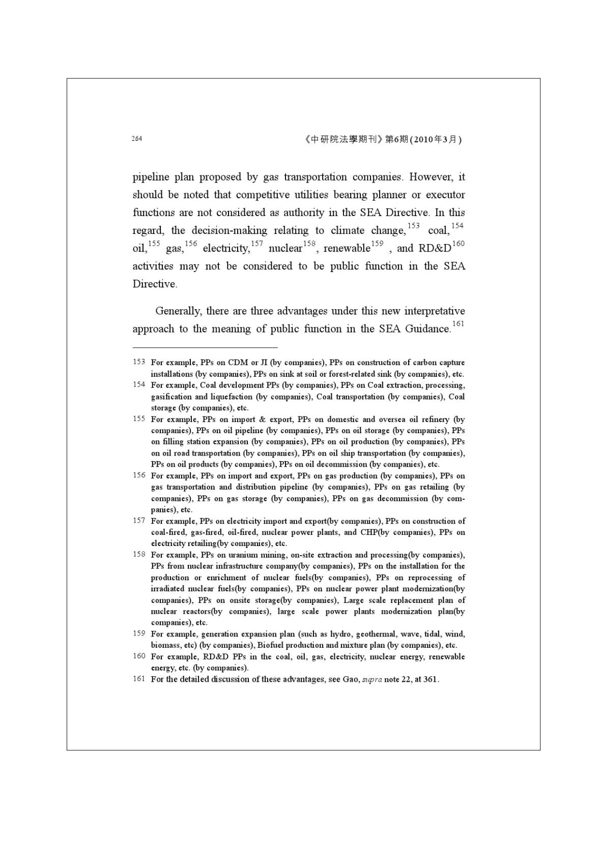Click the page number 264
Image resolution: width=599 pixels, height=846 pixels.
pos(136,138)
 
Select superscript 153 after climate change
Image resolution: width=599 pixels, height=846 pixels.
pos(414,225)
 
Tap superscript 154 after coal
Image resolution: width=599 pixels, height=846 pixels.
pos(458,225)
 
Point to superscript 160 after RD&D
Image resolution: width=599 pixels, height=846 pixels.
pos(458,243)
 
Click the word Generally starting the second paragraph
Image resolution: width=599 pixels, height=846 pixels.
pos(178,311)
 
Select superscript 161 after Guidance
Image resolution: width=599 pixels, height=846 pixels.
pos(458,323)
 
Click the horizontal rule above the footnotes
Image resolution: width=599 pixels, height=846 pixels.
pos(205,348)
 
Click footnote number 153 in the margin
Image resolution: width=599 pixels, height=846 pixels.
pos(139,362)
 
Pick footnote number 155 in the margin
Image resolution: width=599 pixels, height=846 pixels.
pos(139,419)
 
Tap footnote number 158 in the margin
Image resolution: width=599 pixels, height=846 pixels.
pos(139,554)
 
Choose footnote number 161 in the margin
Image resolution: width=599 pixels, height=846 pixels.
pos(139,679)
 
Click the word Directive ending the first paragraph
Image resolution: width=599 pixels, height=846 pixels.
pos(154,284)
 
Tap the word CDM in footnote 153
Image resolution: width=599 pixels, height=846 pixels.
pos(238,362)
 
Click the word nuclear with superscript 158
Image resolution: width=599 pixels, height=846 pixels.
pos(285,249)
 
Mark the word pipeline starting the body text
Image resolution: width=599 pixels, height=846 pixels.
pos(151,177)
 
